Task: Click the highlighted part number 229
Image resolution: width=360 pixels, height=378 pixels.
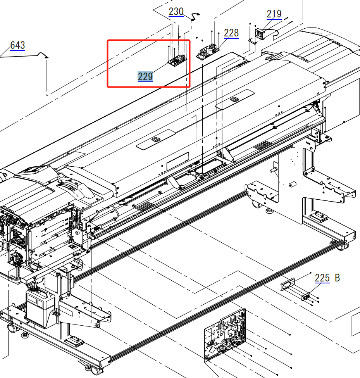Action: [145, 77]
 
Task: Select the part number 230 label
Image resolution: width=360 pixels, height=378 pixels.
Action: [176, 12]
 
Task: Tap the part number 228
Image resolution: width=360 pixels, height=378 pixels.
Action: [231, 33]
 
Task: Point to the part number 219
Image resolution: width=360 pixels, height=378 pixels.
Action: [274, 14]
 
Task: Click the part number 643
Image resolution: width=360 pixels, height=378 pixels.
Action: [17, 45]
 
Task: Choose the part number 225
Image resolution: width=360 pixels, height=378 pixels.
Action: [322, 278]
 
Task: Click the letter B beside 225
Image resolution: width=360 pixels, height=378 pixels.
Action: [337, 278]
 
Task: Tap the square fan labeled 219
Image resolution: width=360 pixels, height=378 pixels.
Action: [260, 33]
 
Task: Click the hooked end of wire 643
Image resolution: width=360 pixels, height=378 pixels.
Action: [47, 57]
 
